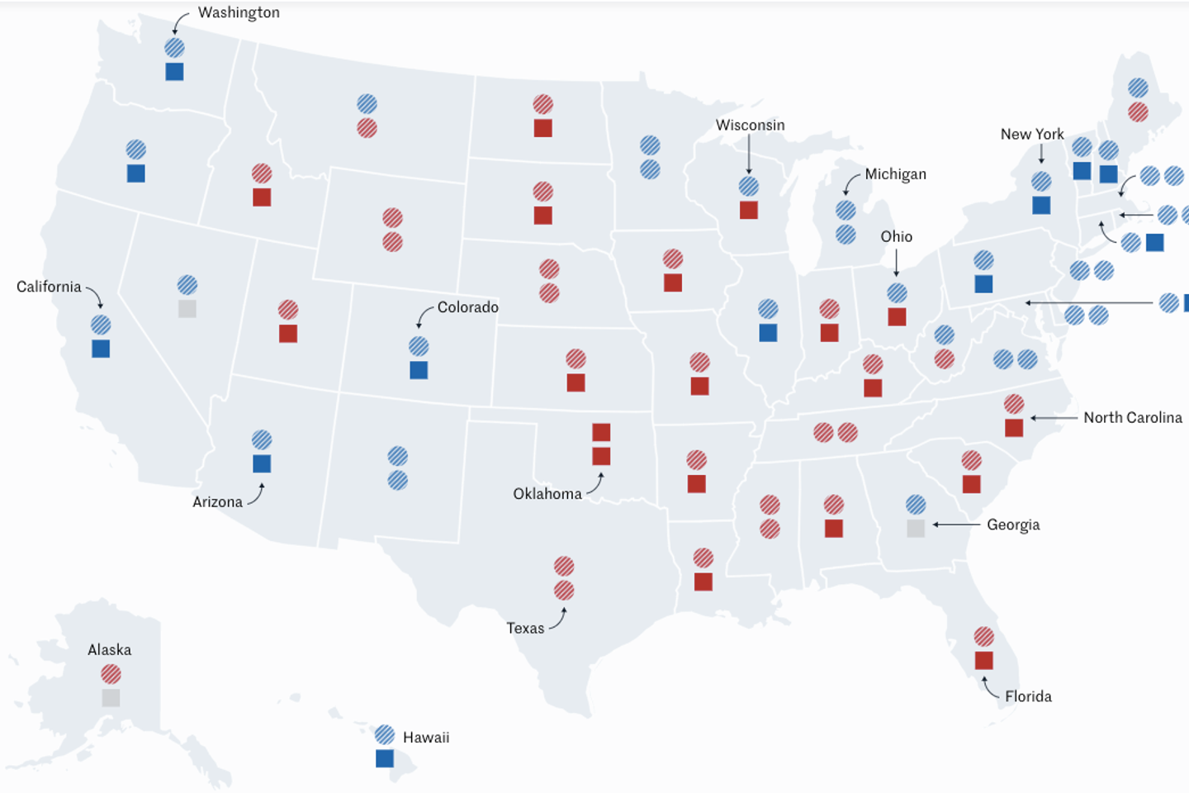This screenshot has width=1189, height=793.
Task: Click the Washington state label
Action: (239, 12)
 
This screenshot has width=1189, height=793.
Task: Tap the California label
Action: (49, 287)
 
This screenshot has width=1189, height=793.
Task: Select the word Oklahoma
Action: (547, 494)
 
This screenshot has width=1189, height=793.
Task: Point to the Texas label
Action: (525, 628)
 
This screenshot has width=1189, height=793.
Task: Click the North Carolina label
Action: (1132, 418)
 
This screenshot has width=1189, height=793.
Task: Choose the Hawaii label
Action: (426, 738)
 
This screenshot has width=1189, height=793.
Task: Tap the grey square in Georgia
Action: (916, 528)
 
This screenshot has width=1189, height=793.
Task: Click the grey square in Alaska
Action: (111, 698)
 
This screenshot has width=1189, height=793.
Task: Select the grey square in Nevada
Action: (187, 309)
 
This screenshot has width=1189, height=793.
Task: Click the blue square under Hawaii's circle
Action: (385, 758)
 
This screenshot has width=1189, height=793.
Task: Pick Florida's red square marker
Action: (983, 660)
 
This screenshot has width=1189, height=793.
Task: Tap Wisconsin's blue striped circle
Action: (749, 187)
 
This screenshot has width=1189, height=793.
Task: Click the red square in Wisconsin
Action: (749, 210)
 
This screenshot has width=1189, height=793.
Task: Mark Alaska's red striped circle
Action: (111, 674)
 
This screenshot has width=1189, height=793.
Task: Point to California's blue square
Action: (101, 349)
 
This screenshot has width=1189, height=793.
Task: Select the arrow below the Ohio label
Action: (897, 264)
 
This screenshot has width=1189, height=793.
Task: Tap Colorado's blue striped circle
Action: (419, 346)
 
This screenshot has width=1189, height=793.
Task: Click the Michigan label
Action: (895, 174)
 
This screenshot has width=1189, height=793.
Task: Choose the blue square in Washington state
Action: (174, 72)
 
